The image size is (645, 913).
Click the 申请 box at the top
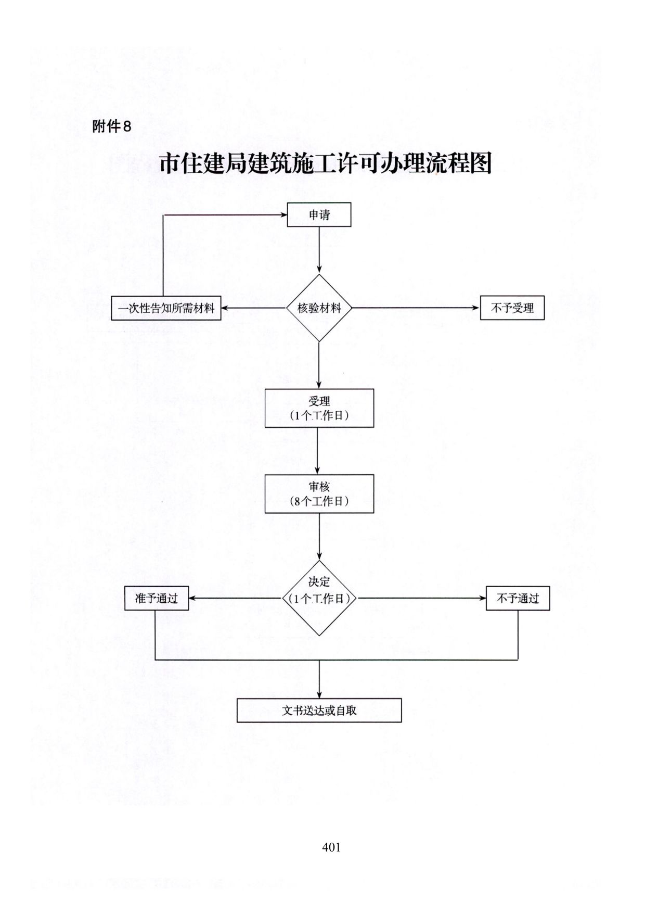coord(319,214)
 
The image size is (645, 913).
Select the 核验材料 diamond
coord(319,308)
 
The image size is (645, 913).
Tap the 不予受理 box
coord(512,308)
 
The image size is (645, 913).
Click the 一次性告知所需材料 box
coord(166,308)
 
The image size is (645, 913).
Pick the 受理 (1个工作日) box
coord(319,408)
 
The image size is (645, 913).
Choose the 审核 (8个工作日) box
coord(319,494)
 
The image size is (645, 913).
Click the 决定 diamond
coord(319,598)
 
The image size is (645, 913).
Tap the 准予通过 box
coord(156,598)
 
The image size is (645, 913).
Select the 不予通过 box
coord(518,598)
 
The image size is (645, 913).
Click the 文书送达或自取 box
coord(319,710)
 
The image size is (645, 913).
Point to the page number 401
coord(331,847)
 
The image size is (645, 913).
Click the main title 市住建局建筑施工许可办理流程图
coord(326,163)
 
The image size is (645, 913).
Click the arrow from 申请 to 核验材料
coord(319,250)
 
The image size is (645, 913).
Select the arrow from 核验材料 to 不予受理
coord(416,308)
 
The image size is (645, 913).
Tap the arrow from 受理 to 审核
coord(319,451)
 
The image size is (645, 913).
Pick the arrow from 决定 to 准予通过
coord(235,598)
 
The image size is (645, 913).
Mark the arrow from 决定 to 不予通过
coord(422,598)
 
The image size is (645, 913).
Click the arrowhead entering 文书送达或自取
coord(319,694)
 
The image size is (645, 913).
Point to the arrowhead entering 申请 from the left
coord(283,214)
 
